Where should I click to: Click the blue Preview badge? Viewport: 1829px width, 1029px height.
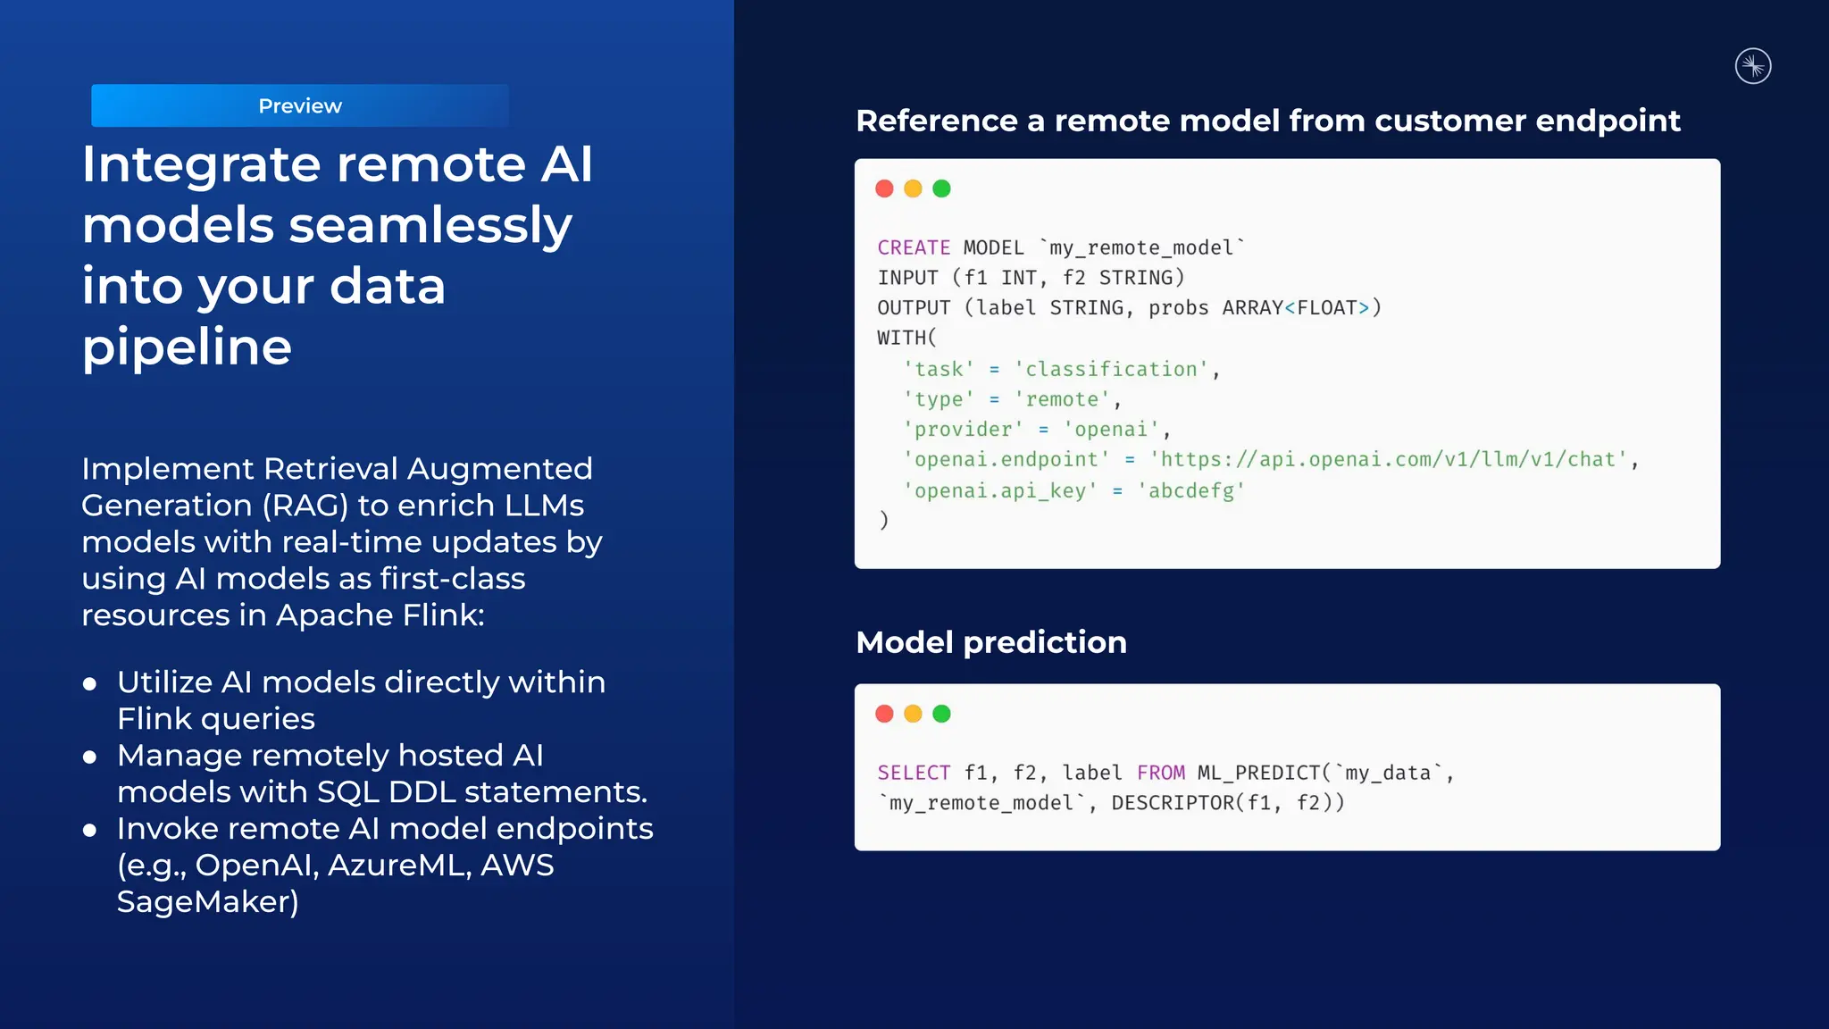point(300,105)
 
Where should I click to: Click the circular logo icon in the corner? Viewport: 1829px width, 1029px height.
point(1752,66)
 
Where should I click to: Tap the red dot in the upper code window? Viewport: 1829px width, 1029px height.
point(884,188)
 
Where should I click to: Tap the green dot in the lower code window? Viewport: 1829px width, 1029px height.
point(941,714)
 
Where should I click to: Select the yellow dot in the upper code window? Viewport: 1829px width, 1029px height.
point(913,188)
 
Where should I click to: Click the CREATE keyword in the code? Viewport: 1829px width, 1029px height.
point(913,247)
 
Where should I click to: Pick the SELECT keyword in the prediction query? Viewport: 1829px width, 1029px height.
point(913,773)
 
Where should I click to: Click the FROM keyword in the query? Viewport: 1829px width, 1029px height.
point(1160,773)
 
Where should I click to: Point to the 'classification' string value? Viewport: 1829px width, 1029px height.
point(1111,369)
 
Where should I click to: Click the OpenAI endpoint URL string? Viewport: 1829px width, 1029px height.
point(1389,459)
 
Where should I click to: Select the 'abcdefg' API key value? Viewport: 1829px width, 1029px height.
point(1190,490)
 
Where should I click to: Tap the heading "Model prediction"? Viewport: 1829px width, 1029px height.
point(990,642)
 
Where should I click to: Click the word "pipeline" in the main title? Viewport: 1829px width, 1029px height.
point(187,347)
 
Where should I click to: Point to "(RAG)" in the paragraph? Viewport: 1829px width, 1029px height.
point(305,506)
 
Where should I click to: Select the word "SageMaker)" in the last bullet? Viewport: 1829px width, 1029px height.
point(207,901)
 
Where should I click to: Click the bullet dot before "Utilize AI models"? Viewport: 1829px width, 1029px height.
point(89,684)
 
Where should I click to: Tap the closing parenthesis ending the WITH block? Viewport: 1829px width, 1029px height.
point(883,520)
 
